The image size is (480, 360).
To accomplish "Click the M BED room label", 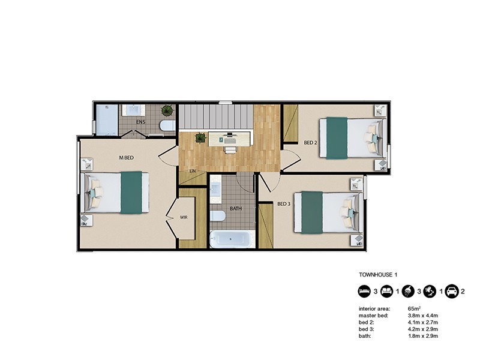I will click(x=126, y=158).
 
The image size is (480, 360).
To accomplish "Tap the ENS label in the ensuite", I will click(x=141, y=122).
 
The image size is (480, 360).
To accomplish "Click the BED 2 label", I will click(x=310, y=143).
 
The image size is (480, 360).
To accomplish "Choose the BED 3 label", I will click(x=284, y=204).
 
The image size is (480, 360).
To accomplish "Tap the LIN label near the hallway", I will click(x=193, y=171).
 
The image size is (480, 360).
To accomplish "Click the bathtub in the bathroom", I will click(x=232, y=239).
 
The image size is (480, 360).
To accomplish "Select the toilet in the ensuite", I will click(x=167, y=125).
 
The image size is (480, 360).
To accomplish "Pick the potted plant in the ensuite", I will click(x=167, y=110).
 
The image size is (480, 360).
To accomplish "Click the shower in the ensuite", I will click(x=107, y=120).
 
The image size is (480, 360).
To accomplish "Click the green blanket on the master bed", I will click(x=131, y=193).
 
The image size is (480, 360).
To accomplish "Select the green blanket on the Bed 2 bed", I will click(x=337, y=138).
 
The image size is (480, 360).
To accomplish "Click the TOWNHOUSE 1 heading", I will click(x=378, y=274).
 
